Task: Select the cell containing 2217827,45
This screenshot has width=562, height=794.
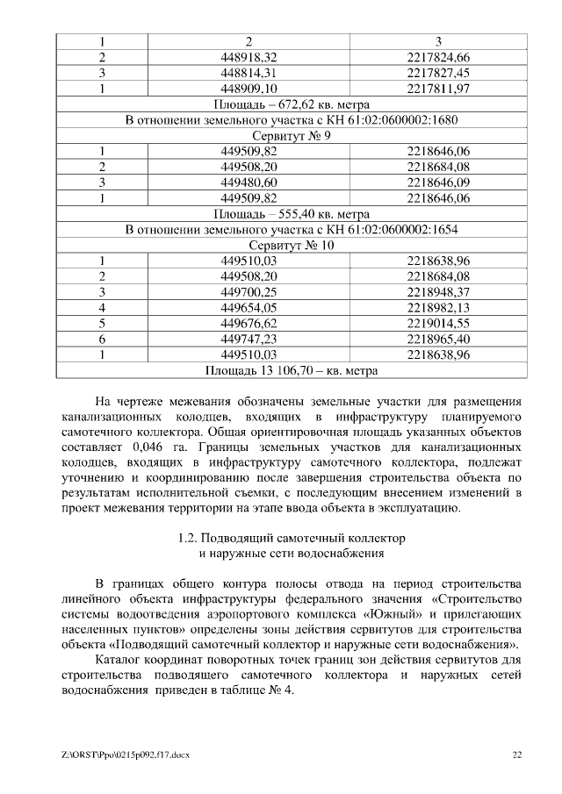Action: coord(439,73)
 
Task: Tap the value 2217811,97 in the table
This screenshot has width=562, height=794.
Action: coord(439,89)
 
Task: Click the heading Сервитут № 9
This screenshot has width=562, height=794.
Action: coord(292,136)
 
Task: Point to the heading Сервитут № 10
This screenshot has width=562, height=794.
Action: coord(292,245)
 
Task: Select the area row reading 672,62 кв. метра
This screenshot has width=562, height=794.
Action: coord(292,104)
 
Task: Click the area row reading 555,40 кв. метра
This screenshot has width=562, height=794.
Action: coord(292,213)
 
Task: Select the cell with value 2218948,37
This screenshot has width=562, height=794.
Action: coord(439,291)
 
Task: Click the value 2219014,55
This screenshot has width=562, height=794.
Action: coord(439,323)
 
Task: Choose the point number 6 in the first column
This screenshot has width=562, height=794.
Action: coord(103,339)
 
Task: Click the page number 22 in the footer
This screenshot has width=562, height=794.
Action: coord(517,755)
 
